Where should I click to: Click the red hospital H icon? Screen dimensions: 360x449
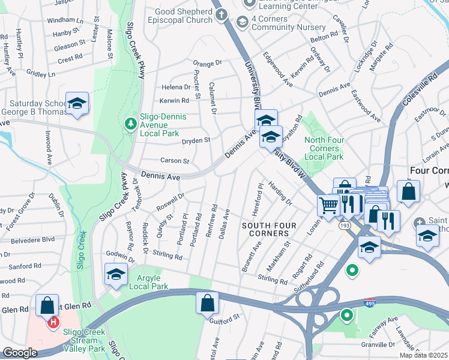coord(53,323)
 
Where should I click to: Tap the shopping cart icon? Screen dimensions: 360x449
coord(328,206)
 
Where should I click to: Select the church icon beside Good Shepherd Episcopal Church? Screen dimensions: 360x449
coord(221,14)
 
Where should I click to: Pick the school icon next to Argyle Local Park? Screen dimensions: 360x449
coord(116,274)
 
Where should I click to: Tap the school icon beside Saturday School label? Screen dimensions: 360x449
coord(77,103)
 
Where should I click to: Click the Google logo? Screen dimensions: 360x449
coord(20,353)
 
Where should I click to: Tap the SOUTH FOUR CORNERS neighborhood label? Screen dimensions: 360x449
coord(267,225)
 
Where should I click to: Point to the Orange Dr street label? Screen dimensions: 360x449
coord(208,62)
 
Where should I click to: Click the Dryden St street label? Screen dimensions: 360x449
coord(196,140)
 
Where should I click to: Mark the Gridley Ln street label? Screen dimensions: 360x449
coord(41,74)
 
